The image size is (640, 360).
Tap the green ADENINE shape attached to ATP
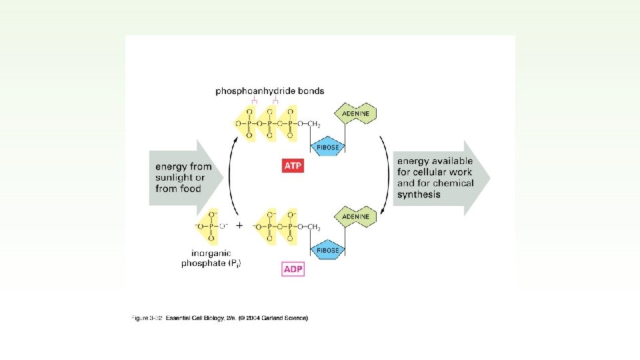(356, 113)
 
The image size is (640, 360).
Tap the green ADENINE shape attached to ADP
(356, 217)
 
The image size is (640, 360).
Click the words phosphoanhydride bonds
(269, 91)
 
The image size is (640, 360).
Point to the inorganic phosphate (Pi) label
(211, 259)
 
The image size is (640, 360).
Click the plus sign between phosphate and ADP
(239, 226)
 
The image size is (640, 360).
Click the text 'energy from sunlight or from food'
(183, 177)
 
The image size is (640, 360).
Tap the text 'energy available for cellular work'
(435, 172)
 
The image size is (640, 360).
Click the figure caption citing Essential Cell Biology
(219, 318)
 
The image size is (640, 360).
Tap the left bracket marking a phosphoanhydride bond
(254, 101)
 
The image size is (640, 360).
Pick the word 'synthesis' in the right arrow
(419, 195)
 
